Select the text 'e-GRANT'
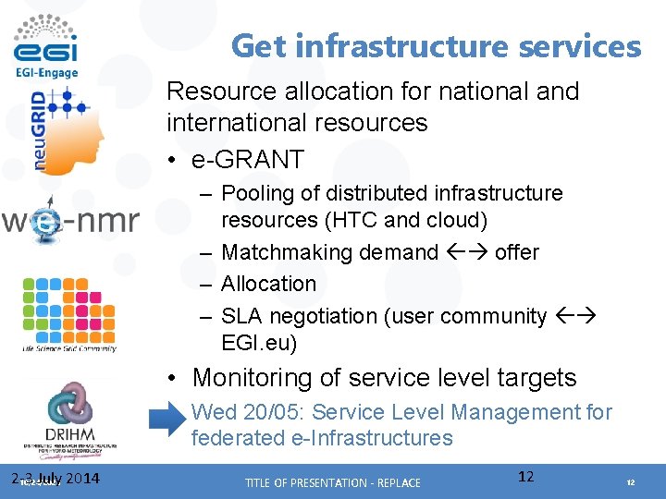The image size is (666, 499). point(247,159)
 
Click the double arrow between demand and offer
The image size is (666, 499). point(467,252)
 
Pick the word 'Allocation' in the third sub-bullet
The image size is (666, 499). point(269,284)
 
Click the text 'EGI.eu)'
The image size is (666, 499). point(259,343)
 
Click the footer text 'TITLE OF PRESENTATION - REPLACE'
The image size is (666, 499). point(332,482)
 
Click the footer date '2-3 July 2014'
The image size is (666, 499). point(55,479)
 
